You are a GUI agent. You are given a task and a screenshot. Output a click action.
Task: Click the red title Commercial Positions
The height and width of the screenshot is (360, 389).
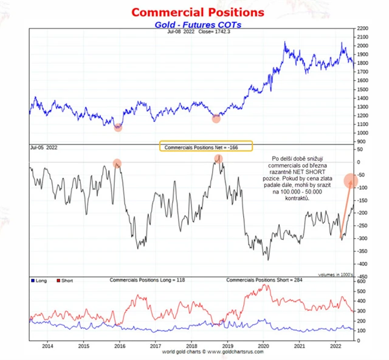click(198, 12)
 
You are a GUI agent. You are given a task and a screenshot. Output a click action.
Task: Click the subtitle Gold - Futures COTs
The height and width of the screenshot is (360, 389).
click(198, 24)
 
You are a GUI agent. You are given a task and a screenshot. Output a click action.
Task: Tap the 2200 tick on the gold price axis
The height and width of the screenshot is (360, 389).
click(363, 29)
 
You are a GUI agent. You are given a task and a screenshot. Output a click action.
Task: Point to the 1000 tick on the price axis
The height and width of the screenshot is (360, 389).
click(363, 132)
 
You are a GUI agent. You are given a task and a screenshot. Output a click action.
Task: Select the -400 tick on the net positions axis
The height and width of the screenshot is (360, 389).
click(362, 264)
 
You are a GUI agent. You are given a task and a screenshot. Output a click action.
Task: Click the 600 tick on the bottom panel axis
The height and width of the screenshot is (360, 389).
click(362, 281)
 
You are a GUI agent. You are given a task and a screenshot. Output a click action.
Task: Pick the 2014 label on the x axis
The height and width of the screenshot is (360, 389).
click(47, 346)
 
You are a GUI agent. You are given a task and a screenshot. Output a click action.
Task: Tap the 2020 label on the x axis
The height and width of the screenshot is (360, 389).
click(263, 346)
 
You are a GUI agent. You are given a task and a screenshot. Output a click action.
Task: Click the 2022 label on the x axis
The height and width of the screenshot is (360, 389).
click(334, 346)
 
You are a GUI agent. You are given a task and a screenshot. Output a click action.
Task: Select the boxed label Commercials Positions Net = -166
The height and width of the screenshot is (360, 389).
click(205, 147)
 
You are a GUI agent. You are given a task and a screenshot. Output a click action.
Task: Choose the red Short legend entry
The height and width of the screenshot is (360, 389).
click(66, 280)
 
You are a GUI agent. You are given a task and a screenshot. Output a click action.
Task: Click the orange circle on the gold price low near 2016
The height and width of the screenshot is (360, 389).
click(118, 127)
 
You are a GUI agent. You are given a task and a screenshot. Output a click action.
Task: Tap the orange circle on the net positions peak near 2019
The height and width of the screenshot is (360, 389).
click(218, 158)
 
